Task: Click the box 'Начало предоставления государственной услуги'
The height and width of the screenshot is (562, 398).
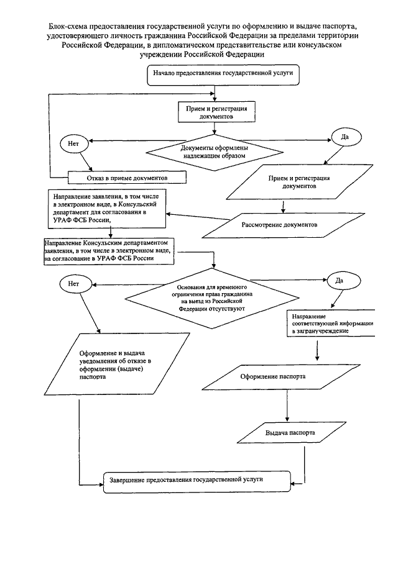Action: (223, 75)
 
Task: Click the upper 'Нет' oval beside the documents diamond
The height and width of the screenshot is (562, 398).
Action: (74, 143)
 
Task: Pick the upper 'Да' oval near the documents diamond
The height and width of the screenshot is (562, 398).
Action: (346, 137)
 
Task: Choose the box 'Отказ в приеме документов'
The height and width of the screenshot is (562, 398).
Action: (127, 178)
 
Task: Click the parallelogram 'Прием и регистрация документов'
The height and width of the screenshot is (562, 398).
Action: (300, 182)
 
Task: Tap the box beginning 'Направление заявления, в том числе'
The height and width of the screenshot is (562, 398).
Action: (107, 209)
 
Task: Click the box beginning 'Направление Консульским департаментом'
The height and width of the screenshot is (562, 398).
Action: (109, 251)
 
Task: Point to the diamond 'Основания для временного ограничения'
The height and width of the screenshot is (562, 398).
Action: (212, 298)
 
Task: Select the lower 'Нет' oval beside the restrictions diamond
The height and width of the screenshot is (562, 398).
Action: (73, 284)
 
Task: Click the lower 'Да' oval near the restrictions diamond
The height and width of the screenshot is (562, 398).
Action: (340, 281)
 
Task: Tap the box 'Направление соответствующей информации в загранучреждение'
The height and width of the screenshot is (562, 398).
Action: (331, 324)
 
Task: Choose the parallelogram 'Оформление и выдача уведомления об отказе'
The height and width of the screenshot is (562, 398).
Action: (117, 364)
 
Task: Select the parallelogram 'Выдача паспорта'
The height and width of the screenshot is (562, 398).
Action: (292, 433)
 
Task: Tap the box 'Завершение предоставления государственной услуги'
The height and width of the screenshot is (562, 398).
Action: (197, 482)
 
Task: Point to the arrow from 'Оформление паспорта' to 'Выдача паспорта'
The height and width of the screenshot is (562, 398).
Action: (287, 406)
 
